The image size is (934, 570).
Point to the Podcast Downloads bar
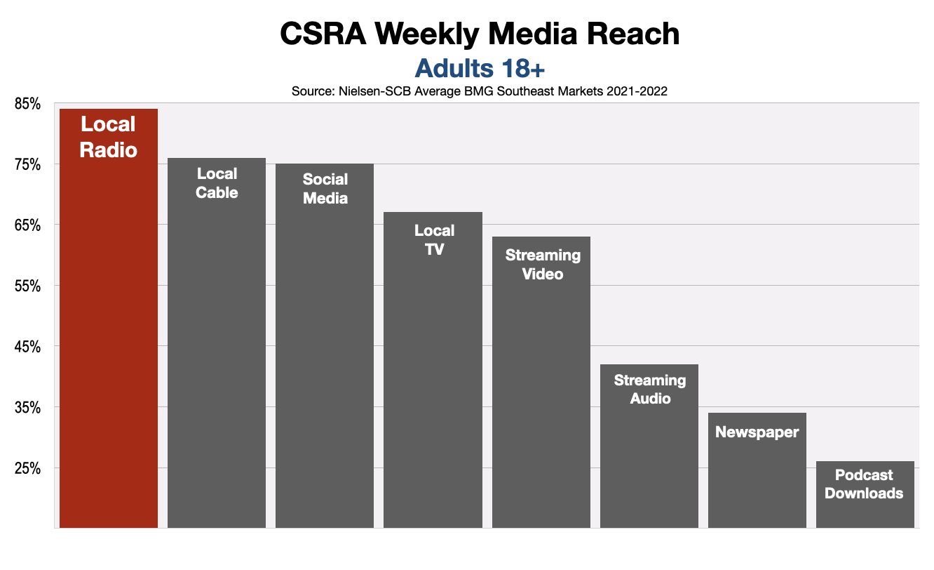pos(865,505)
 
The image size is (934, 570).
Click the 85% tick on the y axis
pos(28,104)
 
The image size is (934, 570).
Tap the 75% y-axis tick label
pos(28,165)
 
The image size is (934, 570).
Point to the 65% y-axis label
pos(28,225)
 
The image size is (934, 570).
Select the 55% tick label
pos(28,286)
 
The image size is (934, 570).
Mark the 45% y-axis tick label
pos(28,347)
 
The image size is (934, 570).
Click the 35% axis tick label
pos(28,408)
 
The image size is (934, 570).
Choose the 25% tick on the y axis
pos(28,468)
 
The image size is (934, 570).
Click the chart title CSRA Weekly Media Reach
pos(480,34)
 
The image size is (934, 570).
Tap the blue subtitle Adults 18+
pos(480,68)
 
